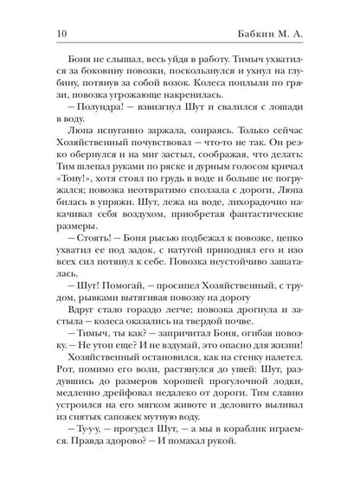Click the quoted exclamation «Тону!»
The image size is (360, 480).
coord(73,184)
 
